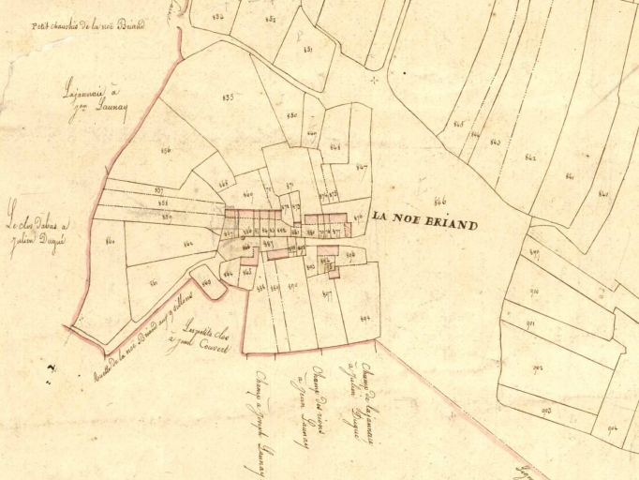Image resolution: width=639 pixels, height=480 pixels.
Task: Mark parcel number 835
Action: [x=227, y=97]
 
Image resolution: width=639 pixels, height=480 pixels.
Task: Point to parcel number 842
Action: [x=529, y=157]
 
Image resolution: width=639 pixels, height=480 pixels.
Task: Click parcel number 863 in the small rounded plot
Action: [x=206, y=281]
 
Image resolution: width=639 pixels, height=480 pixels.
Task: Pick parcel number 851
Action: [x=307, y=49]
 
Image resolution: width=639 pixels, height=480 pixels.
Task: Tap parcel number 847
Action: [x=361, y=168]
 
